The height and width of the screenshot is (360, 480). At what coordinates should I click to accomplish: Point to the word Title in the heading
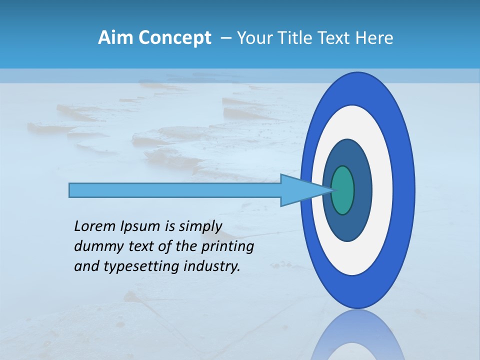point(296,38)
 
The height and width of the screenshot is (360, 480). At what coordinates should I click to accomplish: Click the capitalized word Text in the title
point(336,38)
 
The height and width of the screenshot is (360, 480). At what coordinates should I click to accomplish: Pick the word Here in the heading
point(375,38)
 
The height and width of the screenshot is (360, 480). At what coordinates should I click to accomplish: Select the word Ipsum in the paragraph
point(139,227)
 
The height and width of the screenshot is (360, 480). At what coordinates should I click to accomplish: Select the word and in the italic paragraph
point(86,266)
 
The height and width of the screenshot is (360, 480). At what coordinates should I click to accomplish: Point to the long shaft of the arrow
point(175,190)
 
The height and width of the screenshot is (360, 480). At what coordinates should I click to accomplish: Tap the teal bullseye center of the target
point(343,190)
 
